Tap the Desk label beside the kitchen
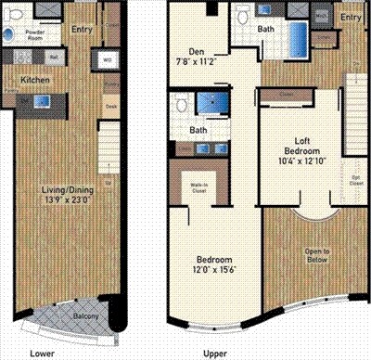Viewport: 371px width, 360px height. (110, 107)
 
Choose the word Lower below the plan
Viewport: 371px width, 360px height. (40, 353)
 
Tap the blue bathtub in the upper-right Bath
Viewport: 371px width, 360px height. (301, 39)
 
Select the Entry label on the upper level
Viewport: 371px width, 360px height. (350, 19)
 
